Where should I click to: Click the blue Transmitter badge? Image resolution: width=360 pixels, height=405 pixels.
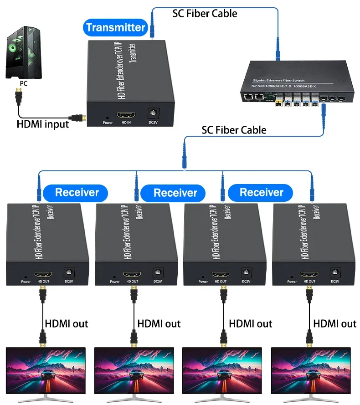115,27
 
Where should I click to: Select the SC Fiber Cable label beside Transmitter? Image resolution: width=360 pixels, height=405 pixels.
205,13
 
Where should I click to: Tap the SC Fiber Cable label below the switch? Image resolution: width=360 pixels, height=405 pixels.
234,130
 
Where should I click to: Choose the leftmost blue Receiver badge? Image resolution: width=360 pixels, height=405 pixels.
77,192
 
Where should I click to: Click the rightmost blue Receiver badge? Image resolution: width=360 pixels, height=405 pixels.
262,192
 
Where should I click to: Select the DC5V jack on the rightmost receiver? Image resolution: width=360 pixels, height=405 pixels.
335,272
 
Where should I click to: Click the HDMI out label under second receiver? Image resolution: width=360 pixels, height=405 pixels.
159,324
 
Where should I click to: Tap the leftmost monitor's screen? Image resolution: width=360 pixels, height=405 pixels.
45,370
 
